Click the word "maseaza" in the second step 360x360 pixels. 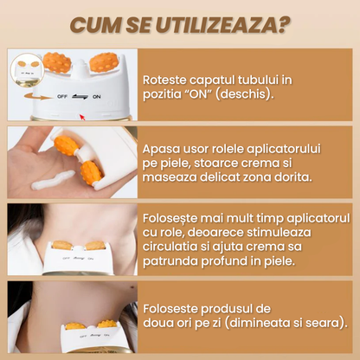point(170,177)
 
